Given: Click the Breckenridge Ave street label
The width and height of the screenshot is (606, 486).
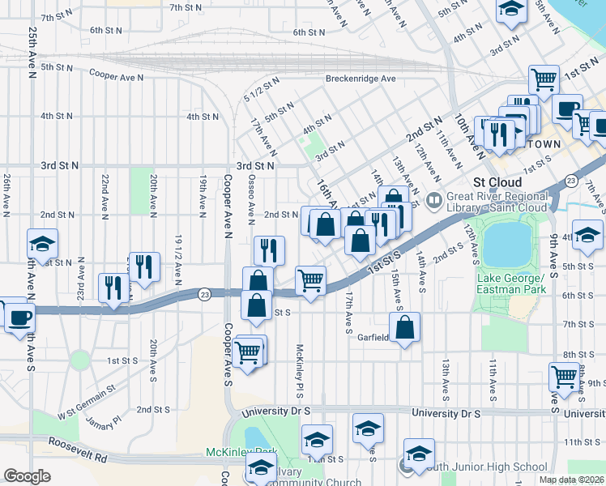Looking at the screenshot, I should pyautogui.click(x=361, y=79).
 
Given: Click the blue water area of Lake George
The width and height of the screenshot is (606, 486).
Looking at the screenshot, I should pyautogui.click(x=506, y=244).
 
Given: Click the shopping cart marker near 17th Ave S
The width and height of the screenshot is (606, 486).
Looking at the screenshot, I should pyautogui.click(x=311, y=281).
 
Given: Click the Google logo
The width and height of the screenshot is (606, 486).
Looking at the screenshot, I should pyautogui.click(x=27, y=476).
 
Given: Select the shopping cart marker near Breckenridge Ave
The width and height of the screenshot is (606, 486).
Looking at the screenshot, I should pyautogui.click(x=544, y=79).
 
